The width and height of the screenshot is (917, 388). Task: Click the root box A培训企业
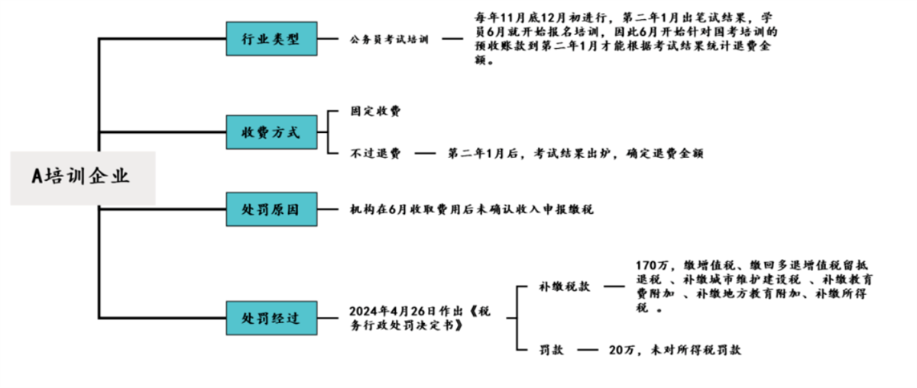(82, 177)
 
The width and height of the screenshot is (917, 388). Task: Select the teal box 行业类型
(271, 38)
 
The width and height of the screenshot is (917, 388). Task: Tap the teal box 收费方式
(271, 132)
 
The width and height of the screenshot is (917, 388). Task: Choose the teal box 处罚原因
(271, 209)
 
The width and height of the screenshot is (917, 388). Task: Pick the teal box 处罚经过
(271, 318)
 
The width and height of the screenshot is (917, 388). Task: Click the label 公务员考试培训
(390, 39)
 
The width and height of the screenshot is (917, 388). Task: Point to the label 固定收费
(375, 112)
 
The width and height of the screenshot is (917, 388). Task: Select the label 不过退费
(375, 153)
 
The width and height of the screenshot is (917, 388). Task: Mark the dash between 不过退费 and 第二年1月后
(425, 153)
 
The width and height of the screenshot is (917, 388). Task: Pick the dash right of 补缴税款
(613, 288)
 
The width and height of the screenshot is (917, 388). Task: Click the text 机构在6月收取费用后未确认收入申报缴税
(471, 209)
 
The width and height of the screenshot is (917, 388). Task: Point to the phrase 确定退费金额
(665, 153)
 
